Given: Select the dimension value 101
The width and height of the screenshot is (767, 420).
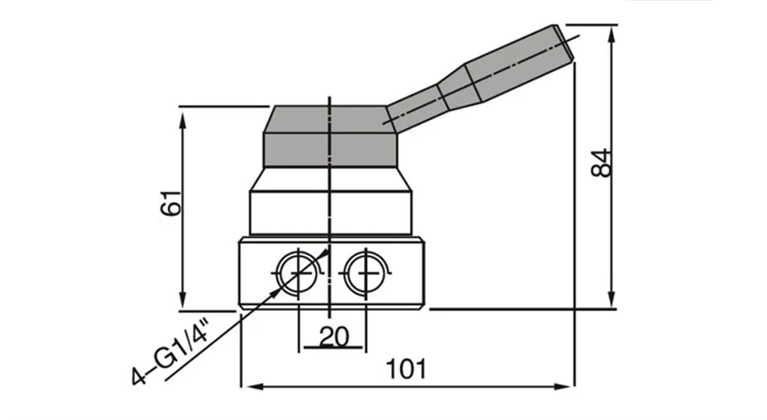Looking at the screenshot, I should pyautogui.click(x=406, y=370).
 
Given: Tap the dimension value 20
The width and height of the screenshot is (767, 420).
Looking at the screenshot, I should pyautogui.click(x=333, y=336).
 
